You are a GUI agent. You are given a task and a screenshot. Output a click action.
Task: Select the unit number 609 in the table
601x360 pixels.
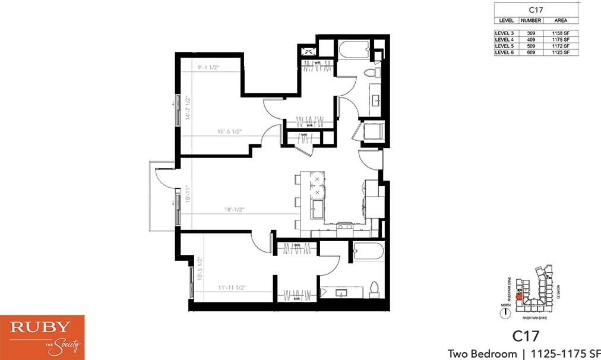coord(527,53)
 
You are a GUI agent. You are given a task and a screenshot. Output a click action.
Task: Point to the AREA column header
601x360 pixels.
coord(561,21)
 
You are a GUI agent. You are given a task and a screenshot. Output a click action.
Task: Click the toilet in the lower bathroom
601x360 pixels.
coord(374,288)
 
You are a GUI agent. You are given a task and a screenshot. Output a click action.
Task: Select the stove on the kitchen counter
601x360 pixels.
coord(344,226)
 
